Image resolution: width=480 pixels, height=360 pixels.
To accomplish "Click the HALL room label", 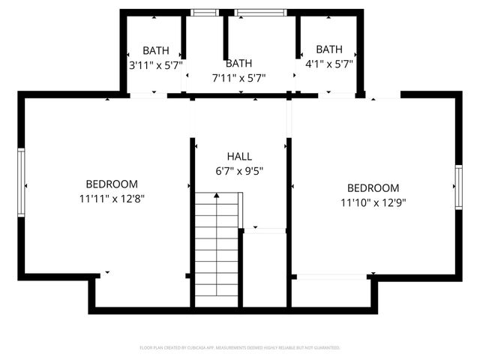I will click(x=239, y=156).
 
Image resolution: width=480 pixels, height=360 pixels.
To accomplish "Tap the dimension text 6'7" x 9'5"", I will click(x=239, y=170).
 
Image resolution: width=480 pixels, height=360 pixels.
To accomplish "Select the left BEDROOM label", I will click(x=112, y=184).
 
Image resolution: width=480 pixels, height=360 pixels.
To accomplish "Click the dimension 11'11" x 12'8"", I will click(x=112, y=199).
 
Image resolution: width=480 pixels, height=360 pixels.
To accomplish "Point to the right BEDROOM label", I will click(x=373, y=188).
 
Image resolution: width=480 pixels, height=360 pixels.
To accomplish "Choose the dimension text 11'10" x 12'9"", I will click(x=373, y=202).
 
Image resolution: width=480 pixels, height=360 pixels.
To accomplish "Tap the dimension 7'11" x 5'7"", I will click(x=239, y=77).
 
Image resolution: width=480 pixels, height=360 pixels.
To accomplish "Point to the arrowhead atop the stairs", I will click(x=217, y=195).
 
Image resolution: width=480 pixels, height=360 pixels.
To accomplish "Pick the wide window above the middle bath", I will click(x=261, y=12).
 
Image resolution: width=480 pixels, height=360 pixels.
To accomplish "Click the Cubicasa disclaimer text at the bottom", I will click(x=240, y=348).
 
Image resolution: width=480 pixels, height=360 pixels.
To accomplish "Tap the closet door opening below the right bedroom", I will click(x=331, y=277).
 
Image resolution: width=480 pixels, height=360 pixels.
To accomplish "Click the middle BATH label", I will click(x=239, y=64).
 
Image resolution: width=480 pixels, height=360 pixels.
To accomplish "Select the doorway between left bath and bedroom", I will click(x=148, y=95).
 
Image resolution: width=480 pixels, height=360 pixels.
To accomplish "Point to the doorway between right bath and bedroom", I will click(x=337, y=95).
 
